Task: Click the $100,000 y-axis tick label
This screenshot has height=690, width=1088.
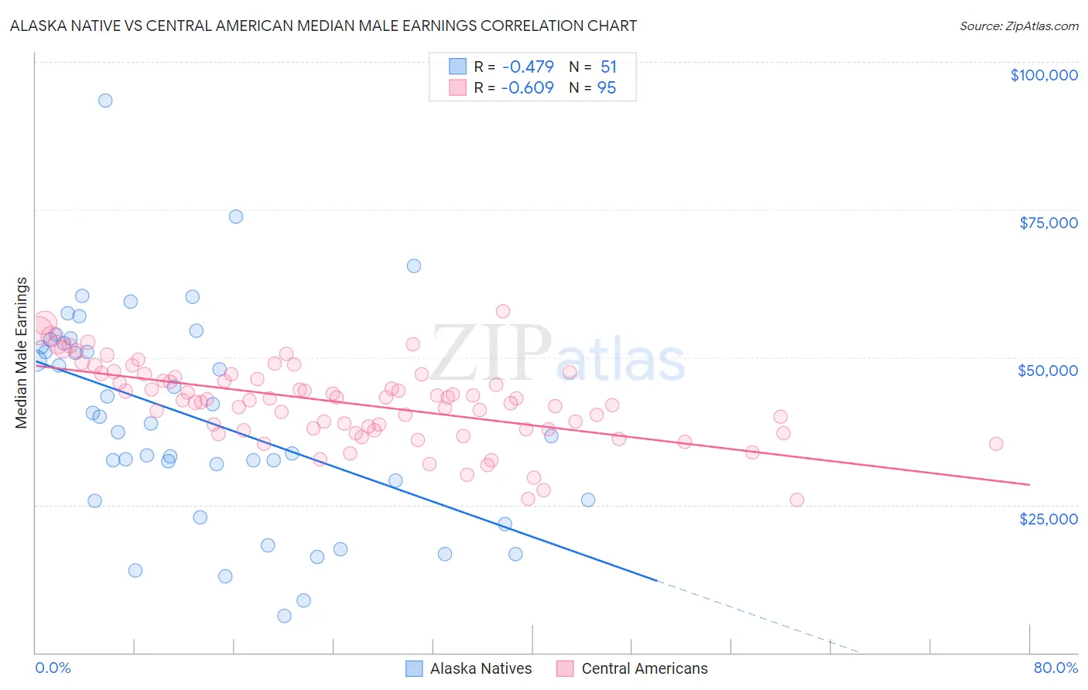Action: [1044, 75]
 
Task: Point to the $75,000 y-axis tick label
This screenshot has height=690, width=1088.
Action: [1049, 223]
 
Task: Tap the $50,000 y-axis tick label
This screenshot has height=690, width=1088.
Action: [1048, 371]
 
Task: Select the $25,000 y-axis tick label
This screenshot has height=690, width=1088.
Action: [1049, 518]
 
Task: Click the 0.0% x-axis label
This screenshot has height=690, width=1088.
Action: [53, 668]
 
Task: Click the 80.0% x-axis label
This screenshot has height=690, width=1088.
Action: [1055, 668]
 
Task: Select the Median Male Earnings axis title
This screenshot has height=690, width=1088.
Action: [22, 352]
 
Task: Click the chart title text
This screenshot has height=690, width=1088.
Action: [323, 26]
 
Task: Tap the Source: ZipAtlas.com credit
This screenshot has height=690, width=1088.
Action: [1018, 26]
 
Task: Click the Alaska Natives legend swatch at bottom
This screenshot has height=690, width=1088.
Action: [415, 668]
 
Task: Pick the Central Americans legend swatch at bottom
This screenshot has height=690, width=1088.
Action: [566, 668]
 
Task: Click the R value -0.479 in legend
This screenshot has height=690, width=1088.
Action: [527, 67]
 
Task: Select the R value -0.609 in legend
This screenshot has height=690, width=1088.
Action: [527, 88]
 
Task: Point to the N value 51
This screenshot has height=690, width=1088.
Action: [608, 67]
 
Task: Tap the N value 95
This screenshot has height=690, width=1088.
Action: [607, 88]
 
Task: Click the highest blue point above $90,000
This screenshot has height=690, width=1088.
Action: [105, 101]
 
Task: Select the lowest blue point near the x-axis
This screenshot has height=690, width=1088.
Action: [284, 616]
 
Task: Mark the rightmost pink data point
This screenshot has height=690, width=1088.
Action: [996, 444]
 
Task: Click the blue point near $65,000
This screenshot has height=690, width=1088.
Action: [414, 266]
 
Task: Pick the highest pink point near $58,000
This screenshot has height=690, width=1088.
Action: [503, 312]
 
